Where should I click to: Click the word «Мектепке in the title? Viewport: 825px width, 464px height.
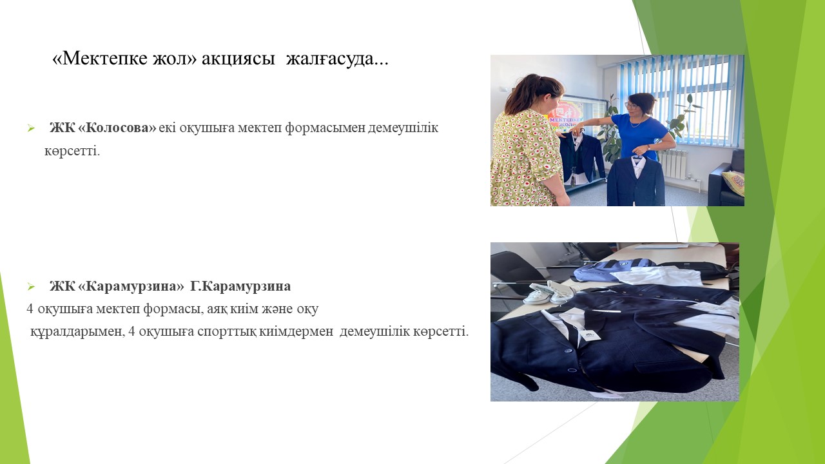[x=101, y=58]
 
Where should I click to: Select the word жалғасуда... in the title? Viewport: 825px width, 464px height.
[x=337, y=59]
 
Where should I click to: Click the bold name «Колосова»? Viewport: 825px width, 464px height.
[x=117, y=128]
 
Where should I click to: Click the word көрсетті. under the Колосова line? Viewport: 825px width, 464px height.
[x=72, y=151]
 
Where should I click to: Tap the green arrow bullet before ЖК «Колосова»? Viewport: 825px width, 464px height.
[x=31, y=128]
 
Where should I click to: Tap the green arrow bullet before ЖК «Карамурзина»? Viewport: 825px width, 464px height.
[x=31, y=287]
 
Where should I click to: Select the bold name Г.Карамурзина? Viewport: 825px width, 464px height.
[x=240, y=286]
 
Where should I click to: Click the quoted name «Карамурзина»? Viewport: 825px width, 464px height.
[x=131, y=286]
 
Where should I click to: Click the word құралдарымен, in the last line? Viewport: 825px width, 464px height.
[x=77, y=331]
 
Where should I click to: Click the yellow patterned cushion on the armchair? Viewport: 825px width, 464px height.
[x=733, y=182]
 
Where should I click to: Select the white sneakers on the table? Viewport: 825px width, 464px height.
[x=548, y=292]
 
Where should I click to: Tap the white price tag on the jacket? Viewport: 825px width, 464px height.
[x=589, y=334]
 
